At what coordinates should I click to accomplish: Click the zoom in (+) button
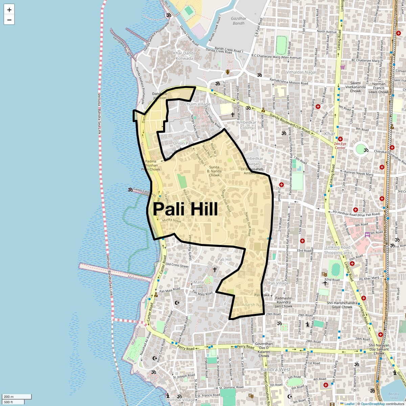[9, 10]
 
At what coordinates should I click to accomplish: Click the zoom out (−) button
[9, 20]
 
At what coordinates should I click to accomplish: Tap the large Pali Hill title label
[185, 209]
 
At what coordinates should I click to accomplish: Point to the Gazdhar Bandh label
[238, 21]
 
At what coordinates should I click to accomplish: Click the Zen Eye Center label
[340, 145]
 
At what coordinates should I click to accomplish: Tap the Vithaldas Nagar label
[301, 72]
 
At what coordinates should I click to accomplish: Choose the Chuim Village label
[197, 104]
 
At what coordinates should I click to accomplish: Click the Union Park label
[183, 143]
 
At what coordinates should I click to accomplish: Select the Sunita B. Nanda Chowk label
[214, 171]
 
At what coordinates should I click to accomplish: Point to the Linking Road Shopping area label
[338, 250]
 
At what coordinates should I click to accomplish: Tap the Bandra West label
[276, 369]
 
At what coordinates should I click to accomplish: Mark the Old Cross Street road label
[177, 265]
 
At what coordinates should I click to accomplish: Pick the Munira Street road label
[172, 220]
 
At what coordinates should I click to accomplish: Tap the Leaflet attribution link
[349, 404]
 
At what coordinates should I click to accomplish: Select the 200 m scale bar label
[9, 397]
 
